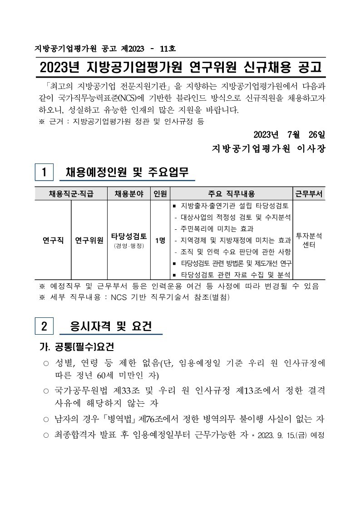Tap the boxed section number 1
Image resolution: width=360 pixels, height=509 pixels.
click(44, 173)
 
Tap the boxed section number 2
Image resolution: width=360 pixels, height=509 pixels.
click(44, 326)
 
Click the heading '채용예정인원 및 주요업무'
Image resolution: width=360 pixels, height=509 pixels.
click(127, 173)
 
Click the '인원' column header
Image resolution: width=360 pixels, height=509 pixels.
click(160, 194)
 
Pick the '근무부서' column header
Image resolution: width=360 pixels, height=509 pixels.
click(309, 194)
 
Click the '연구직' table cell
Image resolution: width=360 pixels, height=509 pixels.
click(53, 240)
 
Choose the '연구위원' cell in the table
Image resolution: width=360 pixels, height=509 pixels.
click(89, 240)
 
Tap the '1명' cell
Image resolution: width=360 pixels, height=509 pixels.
click(160, 240)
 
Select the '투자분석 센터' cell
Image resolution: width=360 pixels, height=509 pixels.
click(309, 240)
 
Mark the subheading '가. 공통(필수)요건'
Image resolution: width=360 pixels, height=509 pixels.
click(77, 346)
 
